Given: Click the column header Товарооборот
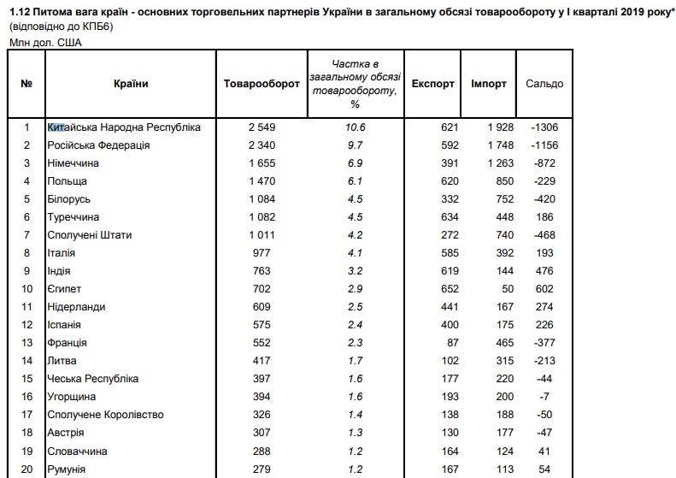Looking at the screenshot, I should (x=261, y=84).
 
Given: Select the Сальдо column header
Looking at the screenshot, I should (x=544, y=84).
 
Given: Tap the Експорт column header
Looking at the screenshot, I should (x=432, y=84).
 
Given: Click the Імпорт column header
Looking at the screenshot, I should (x=489, y=84).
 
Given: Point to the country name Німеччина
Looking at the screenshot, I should (x=73, y=163).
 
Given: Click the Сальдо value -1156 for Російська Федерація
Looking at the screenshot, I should (x=543, y=145).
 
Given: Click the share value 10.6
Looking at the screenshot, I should (x=357, y=127).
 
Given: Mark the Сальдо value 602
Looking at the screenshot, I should (x=544, y=289).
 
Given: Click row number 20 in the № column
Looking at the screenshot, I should (x=26, y=469).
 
